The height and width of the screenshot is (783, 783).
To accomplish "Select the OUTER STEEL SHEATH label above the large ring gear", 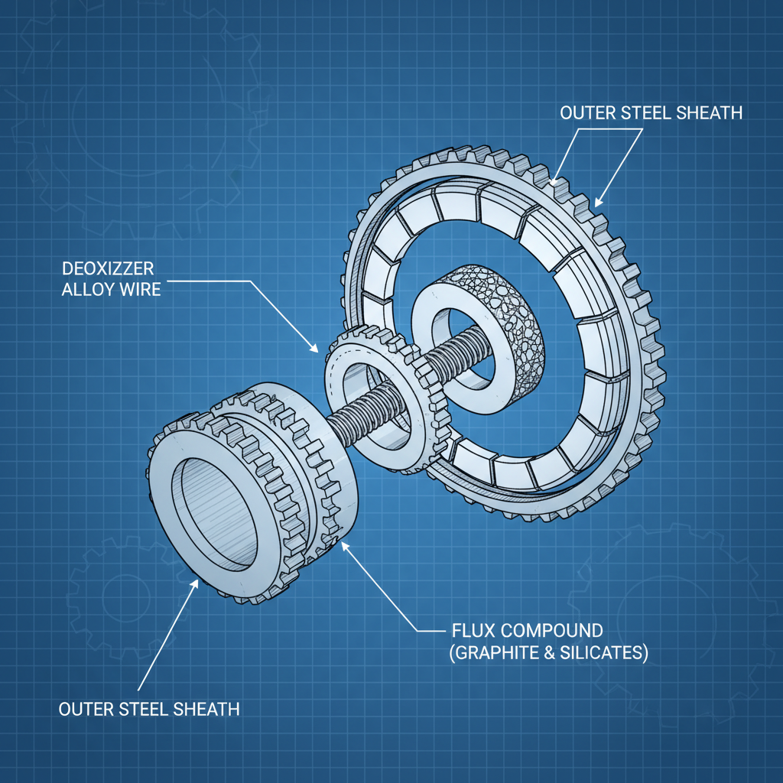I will click(651, 113).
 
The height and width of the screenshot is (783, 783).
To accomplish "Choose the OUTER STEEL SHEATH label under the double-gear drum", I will click(149, 709).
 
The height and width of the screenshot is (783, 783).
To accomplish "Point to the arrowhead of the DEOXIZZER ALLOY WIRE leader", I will click(316, 351).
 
